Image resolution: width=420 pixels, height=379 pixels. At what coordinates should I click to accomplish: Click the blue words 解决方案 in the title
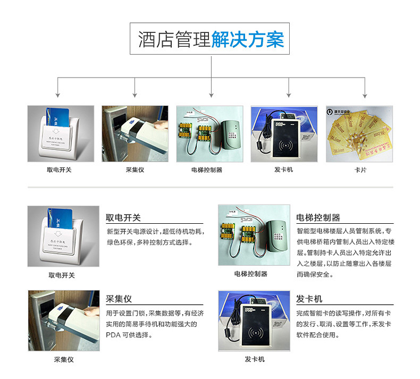click(x=247, y=39)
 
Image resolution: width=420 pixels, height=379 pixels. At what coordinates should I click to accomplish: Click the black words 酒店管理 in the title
click(x=174, y=39)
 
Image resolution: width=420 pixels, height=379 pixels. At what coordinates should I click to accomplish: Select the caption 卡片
click(x=359, y=170)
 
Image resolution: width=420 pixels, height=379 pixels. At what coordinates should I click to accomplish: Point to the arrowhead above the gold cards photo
click(x=365, y=96)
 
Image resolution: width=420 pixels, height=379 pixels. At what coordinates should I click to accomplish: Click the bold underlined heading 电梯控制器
click(x=318, y=218)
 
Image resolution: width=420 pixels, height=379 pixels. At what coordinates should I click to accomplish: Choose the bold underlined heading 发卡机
click(x=309, y=299)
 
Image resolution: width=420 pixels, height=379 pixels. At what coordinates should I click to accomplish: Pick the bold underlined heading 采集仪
click(x=119, y=299)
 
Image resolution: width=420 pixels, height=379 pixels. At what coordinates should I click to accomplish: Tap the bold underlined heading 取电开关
click(x=123, y=218)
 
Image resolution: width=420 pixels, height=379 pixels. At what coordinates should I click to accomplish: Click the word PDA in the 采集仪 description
click(x=114, y=335)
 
